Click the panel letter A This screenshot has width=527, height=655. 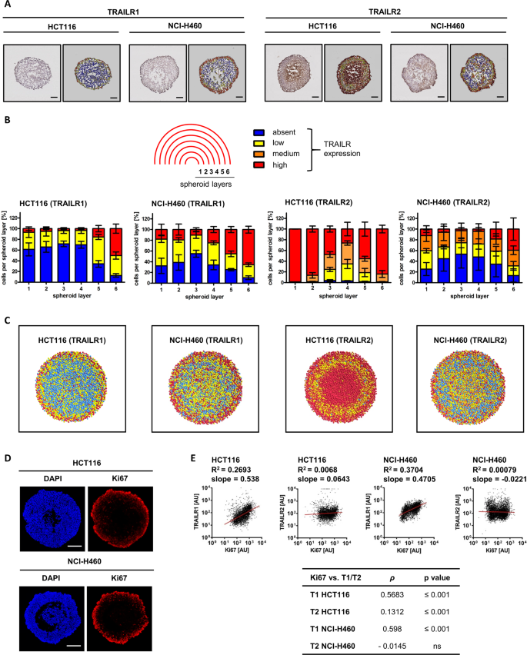point(7,5)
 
